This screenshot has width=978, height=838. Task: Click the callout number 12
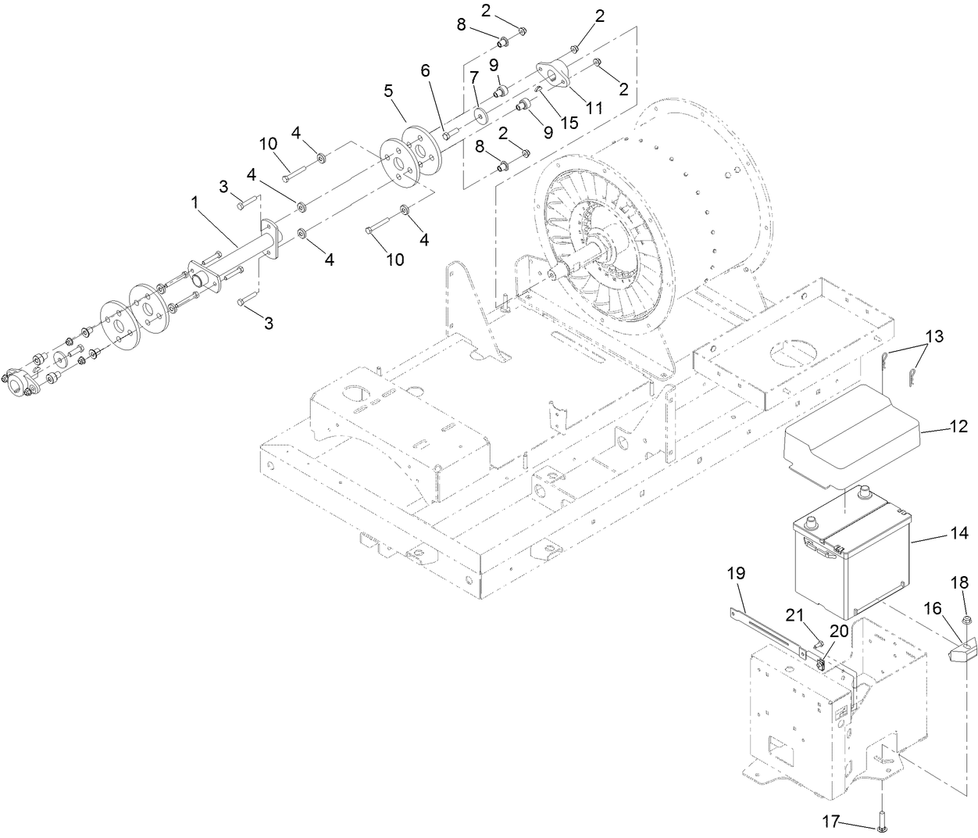(958, 427)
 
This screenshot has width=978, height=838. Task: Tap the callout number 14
(959, 533)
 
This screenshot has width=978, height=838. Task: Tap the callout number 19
(737, 573)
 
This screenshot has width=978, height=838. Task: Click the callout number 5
(388, 90)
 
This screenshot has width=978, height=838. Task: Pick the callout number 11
(594, 107)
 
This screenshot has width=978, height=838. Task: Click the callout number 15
(570, 123)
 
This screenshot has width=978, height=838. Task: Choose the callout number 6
(425, 70)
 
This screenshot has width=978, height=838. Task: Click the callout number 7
(474, 78)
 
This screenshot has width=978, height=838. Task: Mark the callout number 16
(933, 608)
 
